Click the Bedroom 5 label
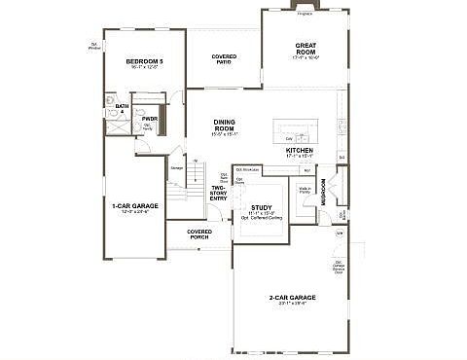pyautogui.click(x=144, y=61)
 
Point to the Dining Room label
pyautogui.click(x=226, y=124)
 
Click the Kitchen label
pyautogui.click(x=299, y=151)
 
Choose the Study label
pyautogui.click(x=261, y=207)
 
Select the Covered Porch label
pyautogui.click(x=199, y=234)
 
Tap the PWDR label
pyautogui.click(x=149, y=119)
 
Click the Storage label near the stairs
pyautogui.click(x=176, y=168)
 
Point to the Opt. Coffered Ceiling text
pyautogui.click(x=262, y=218)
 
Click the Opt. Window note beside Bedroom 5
pyautogui.click(x=95, y=47)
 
